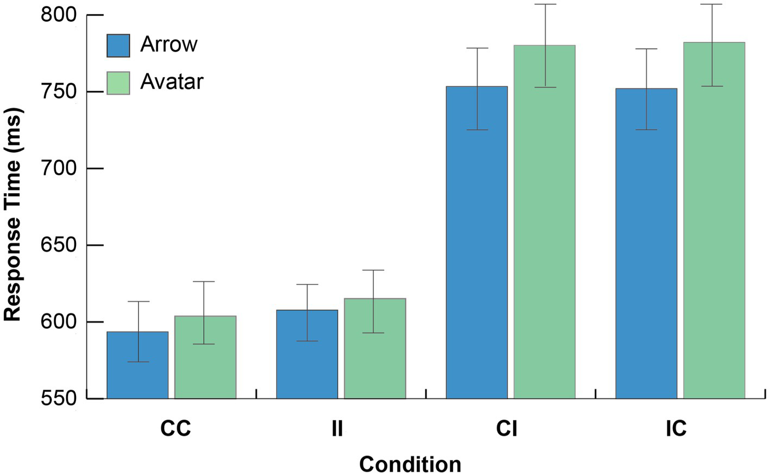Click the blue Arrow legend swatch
pos(118,46)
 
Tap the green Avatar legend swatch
pos(118,83)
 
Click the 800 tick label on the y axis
pos(59,15)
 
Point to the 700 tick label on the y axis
pos(59,168)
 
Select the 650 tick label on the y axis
pos(59,245)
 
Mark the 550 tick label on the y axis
pos(59,398)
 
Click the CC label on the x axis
pos(176,429)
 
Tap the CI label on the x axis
pos(506,429)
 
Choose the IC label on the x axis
pos(676,429)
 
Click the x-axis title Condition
pos(410,465)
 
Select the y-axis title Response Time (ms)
pos(12,215)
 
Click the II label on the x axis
pos(337,429)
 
